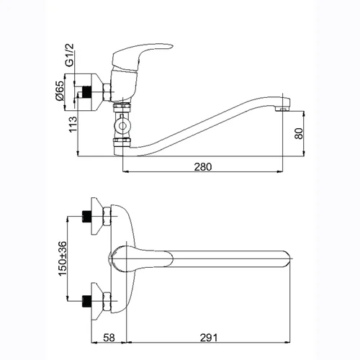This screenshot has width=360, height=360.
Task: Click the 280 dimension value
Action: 203,167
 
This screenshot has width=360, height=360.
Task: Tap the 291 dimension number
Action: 209,338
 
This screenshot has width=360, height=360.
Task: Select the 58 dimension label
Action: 109,338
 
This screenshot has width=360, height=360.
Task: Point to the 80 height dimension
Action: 299,133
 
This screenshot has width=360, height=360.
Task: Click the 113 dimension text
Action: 73,124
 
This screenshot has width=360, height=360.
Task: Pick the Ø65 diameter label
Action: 60,91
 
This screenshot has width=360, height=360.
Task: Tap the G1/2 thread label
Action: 70,55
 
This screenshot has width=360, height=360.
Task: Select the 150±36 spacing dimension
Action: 63,258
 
